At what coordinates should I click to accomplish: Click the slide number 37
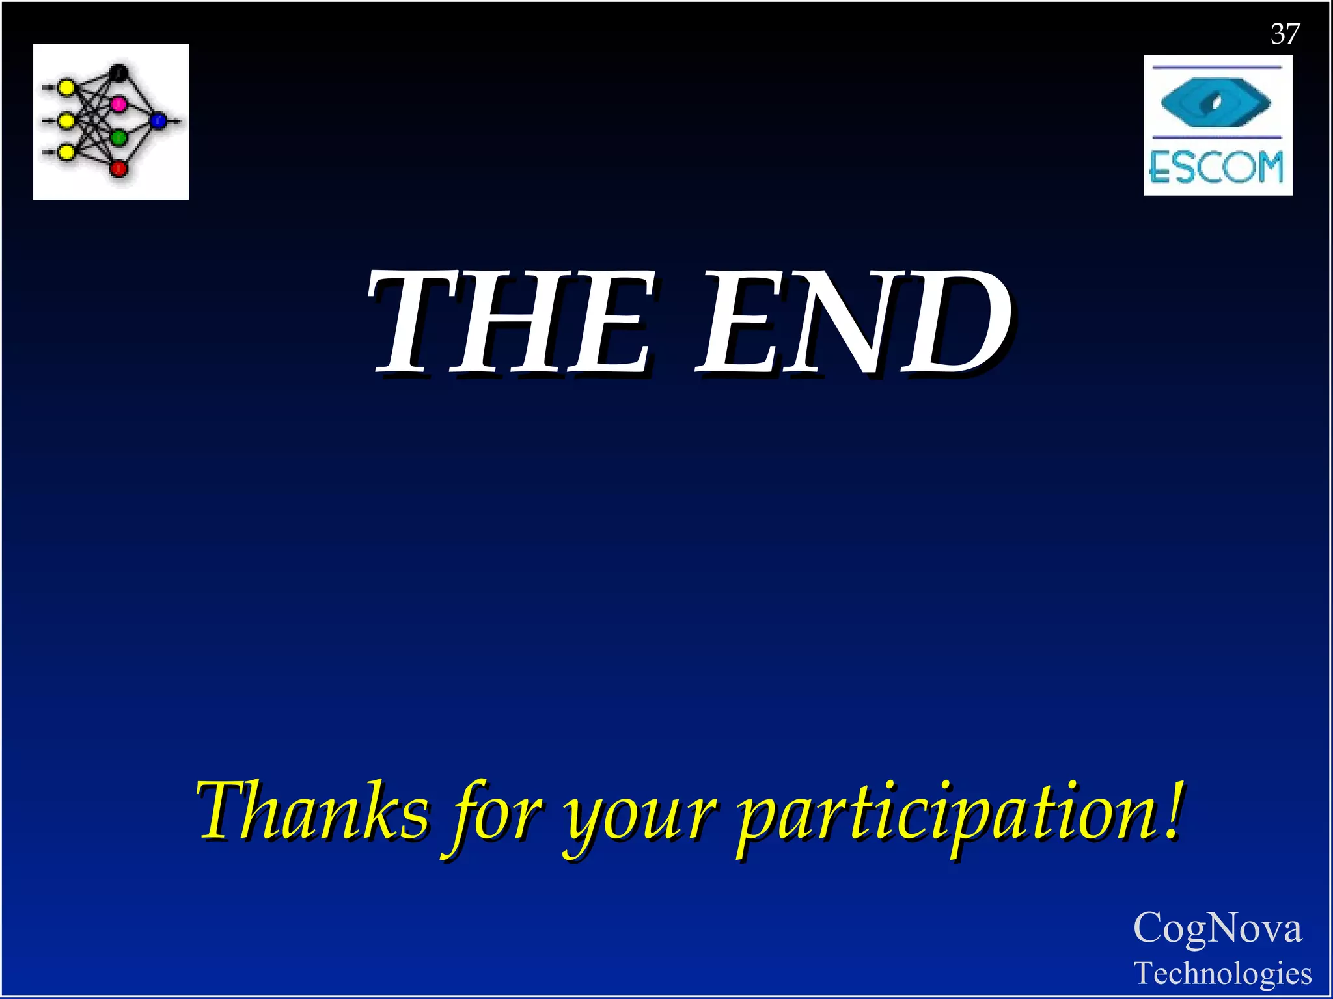[1285, 34]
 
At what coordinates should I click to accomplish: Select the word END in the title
[854, 323]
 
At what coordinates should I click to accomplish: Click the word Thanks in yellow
[313, 812]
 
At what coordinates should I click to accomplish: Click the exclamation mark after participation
[1172, 810]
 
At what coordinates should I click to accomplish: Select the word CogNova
[1217, 927]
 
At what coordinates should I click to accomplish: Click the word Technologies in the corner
[1222, 973]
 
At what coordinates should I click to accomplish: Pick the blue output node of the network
[158, 121]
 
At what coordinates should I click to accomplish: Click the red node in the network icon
[118, 168]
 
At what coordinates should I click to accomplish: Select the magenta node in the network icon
[118, 103]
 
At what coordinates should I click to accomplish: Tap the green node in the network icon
[118, 138]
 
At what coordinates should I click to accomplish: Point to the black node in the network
[118, 72]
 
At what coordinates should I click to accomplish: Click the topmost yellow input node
[66, 87]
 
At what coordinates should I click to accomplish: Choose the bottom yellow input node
[66, 153]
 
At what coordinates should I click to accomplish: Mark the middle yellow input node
[66, 121]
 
